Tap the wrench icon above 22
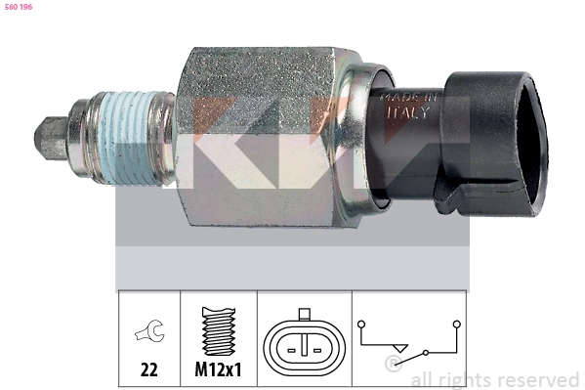[x=149, y=334]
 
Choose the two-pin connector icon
[x=304, y=344]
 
